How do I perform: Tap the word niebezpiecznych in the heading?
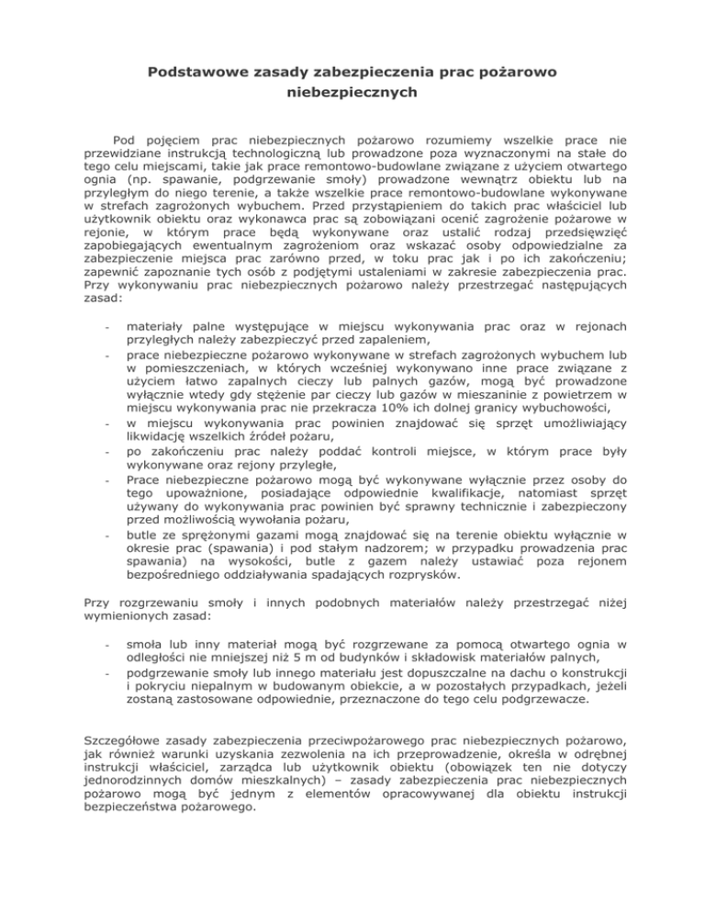[x=352, y=93]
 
